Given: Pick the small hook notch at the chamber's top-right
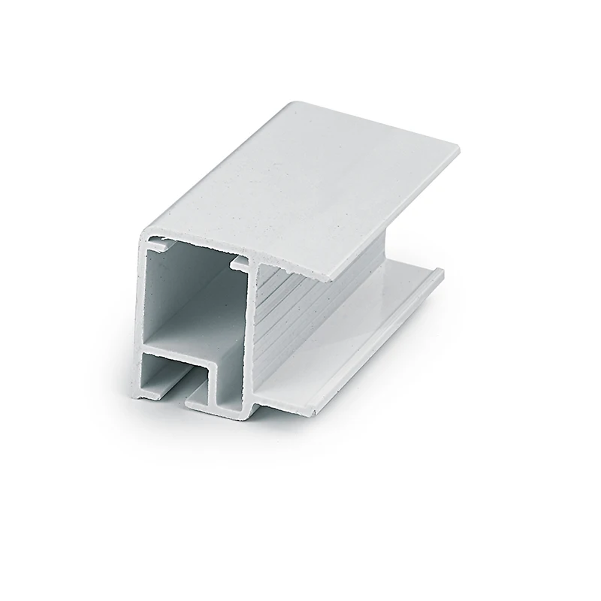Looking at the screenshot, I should coord(239,262).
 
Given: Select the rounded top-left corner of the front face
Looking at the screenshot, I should coord(143,229).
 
